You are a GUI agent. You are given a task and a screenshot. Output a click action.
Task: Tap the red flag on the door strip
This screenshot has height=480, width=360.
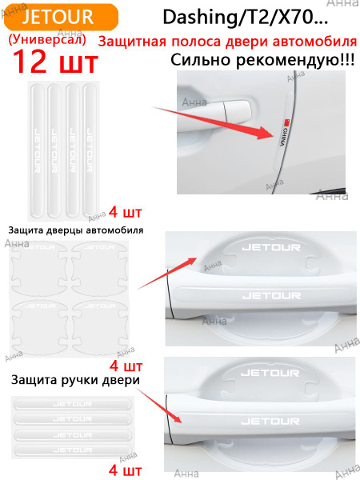284,122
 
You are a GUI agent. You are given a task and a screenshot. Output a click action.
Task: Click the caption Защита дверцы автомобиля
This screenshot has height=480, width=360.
75,230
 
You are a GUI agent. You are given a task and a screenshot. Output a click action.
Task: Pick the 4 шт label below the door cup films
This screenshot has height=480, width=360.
125,366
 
